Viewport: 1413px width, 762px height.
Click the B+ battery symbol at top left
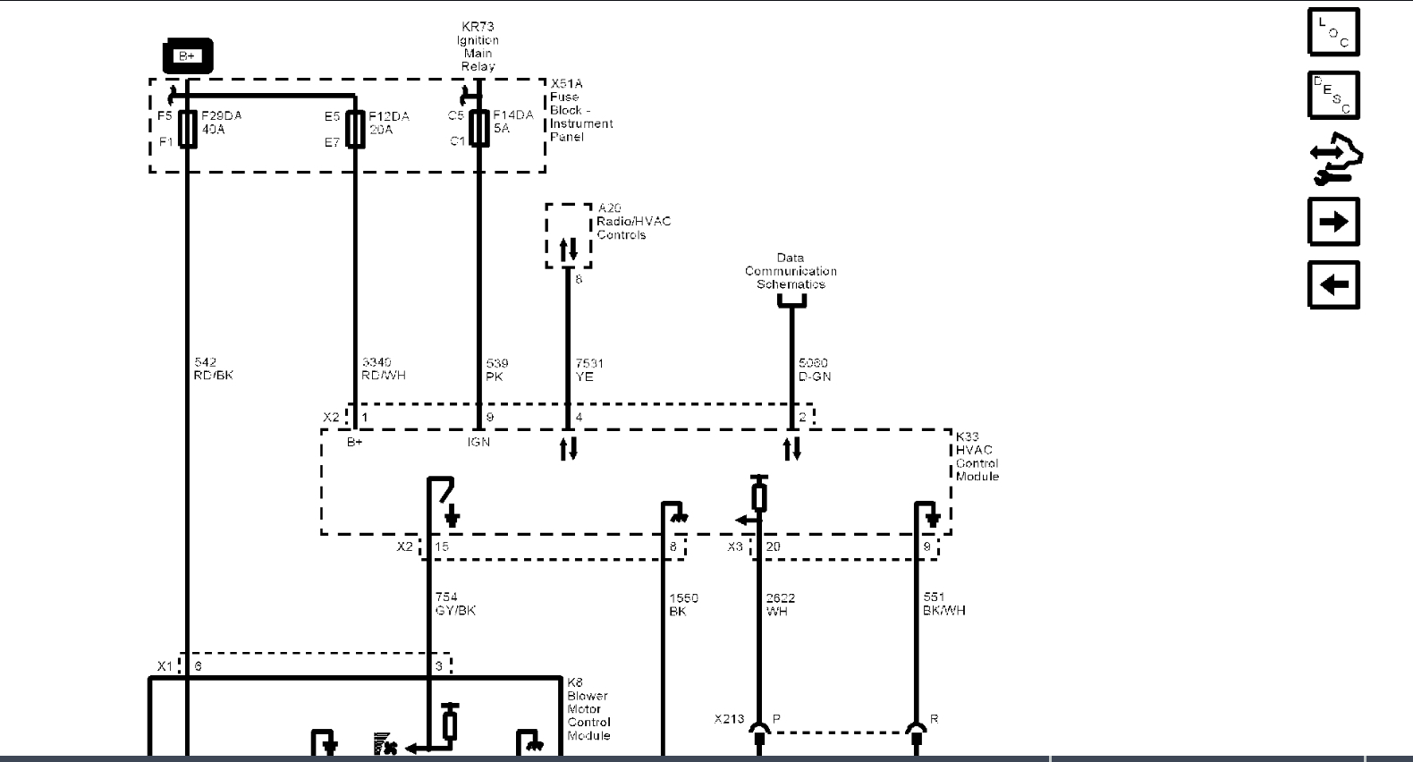click(187, 55)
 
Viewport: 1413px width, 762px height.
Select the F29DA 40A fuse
click(188, 129)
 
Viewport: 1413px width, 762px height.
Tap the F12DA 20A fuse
click(355, 129)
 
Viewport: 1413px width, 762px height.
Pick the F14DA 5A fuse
click(479, 128)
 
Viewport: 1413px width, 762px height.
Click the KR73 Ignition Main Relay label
click(478, 47)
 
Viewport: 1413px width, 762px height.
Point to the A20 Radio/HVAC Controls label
click(633, 221)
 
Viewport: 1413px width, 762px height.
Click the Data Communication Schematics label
click(791, 271)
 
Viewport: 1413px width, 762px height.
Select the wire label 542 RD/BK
click(213, 368)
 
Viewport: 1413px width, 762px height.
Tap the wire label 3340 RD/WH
click(383, 368)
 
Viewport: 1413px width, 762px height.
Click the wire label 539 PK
click(496, 369)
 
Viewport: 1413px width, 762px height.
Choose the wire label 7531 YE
click(588, 369)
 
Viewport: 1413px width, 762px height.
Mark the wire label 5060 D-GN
click(814, 369)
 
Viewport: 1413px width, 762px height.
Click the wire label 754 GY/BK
click(454, 604)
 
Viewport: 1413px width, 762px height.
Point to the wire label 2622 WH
click(780, 605)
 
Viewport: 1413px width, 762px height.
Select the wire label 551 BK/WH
click(943, 604)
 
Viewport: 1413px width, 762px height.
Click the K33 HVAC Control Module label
click(977, 456)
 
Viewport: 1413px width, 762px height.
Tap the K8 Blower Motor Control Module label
click(588, 708)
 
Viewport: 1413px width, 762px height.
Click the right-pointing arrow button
click(1333, 222)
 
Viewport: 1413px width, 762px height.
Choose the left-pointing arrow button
click(1333, 285)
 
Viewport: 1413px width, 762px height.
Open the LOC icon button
click(1333, 32)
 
